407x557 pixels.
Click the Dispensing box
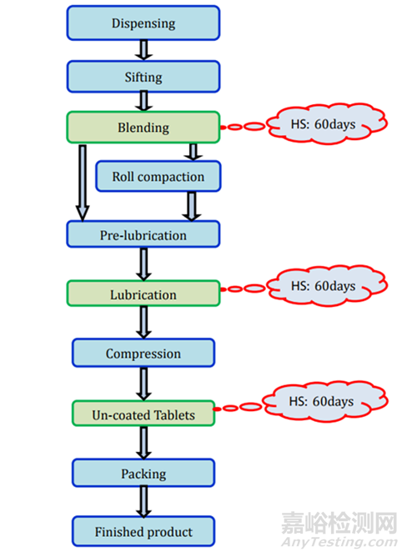143,23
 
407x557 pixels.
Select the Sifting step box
143,77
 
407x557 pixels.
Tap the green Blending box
143,128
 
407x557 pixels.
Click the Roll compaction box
158,176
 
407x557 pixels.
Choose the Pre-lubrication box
143,234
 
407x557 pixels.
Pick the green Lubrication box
143,294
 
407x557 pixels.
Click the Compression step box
143,353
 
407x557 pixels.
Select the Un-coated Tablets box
143,414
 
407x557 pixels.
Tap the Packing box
143,473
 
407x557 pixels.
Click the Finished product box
143,531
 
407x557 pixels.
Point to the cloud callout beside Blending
326,124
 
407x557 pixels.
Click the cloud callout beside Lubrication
326,286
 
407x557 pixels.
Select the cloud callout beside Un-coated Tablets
324,401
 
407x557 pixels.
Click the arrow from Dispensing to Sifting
143,50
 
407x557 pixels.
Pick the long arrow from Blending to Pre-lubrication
83,183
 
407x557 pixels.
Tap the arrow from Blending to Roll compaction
193,152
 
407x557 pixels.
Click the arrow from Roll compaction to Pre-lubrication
192,207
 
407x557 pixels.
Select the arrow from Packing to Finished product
143,502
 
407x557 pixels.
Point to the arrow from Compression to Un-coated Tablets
143,384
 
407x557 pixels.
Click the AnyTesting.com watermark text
339,543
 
